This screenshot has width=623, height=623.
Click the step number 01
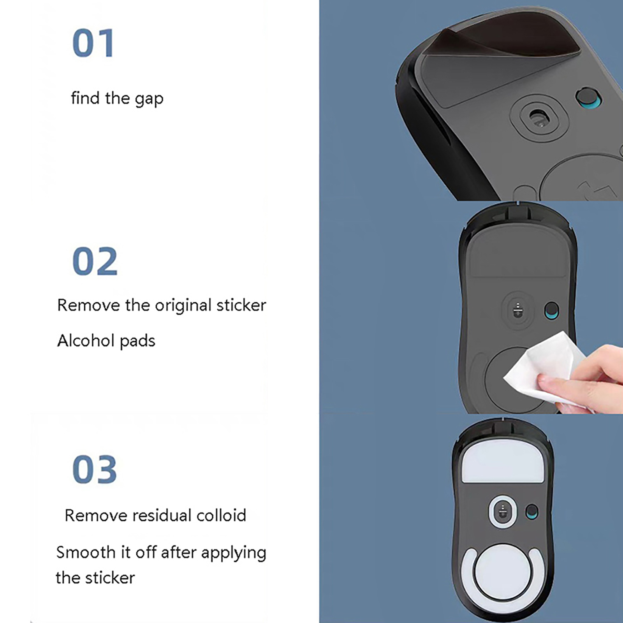93,43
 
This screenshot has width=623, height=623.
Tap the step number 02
95,261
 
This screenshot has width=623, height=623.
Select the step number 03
95,470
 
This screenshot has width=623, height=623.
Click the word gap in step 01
149,99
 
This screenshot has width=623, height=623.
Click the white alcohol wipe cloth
545,366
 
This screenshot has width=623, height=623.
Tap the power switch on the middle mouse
552,310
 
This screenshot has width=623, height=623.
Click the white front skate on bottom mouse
503,462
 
